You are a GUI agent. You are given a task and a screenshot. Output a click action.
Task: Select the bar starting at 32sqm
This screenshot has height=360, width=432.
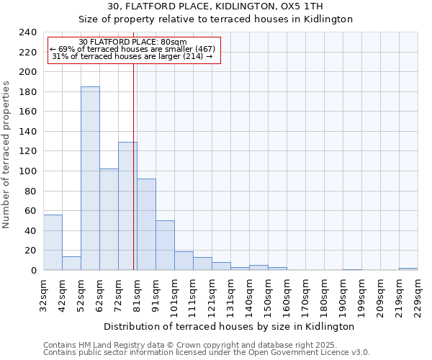coord(53,242)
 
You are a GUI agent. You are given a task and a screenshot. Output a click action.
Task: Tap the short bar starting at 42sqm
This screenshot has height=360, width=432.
coord(71,263)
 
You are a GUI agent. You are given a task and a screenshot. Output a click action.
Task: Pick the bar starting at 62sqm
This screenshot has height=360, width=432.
coord(109,220)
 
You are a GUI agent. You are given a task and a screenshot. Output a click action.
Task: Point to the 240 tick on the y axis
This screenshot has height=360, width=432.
coord(27,32)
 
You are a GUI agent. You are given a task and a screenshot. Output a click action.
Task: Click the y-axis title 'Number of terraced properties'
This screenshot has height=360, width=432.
coord(6,155)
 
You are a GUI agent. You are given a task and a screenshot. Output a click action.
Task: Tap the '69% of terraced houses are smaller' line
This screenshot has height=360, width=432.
coord(132,49)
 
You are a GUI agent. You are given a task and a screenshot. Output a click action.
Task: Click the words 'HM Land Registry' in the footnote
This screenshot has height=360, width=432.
coord(109,345)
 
